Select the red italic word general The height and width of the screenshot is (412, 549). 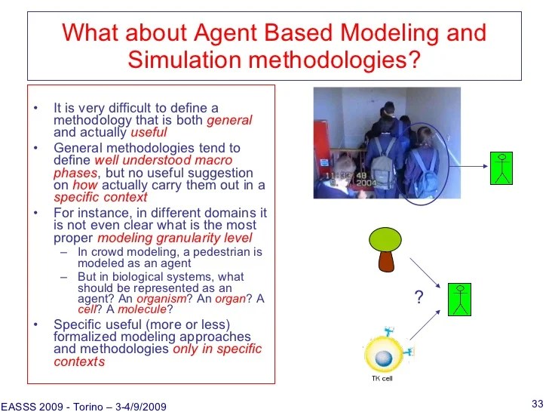(x=229, y=120)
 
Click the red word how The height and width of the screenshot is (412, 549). (x=84, y=186)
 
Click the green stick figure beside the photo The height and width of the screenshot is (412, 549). (x=501, y=168)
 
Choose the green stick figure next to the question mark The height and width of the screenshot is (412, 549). (x=459, y=299)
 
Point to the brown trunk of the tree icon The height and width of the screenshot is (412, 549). (x=387, y=261)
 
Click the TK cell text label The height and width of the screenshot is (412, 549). (x=382, y=378)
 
